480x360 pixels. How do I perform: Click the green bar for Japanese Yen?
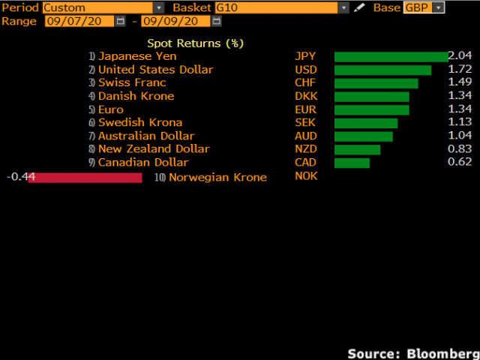[x=391, y=56]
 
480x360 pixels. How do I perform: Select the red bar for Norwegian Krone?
[x=85, y=177]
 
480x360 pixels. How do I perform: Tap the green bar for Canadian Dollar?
[x=352, y=162]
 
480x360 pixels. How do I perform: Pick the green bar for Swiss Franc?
[x=376, y=82]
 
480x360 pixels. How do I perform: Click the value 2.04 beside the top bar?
[x=460, y=56]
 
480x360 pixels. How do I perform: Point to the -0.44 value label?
[x=21, y=176]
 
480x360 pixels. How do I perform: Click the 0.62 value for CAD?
[x=460, y=162]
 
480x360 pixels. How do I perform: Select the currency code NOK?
[x=307, y=175]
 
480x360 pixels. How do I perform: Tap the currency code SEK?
[x=305, y=122]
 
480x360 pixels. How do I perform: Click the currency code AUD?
[x=306, y=136]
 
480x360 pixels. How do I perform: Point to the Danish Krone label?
[x=136, y=96]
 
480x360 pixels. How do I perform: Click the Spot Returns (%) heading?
[x=195, y=43]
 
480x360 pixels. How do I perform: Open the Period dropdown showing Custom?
[x=103, y=7]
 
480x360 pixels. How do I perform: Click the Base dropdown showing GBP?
[x=424, y=7]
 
